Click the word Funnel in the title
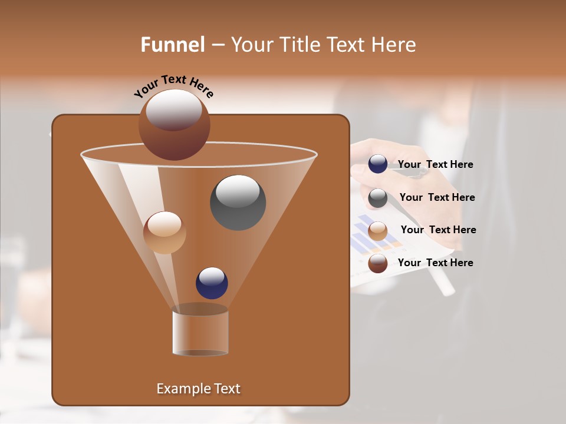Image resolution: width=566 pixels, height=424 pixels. (172, 45)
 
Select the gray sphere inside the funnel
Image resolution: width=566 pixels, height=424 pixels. (238, 203)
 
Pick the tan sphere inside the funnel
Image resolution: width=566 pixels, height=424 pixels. (164, 233)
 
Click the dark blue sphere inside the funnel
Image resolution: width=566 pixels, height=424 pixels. (212, 283)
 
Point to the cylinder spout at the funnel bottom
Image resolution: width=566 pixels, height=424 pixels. (200, 331)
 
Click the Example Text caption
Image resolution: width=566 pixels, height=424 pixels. (198, 389)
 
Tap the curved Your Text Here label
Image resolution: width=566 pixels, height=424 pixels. (173, 86)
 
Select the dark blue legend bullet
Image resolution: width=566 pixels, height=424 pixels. (378, 164)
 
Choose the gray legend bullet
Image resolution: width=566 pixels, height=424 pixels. (378, 198)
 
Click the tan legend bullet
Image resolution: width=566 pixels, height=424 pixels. (378, 230)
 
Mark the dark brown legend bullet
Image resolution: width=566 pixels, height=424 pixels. (378, 263)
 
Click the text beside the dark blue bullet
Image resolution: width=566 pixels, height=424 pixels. (435, 165)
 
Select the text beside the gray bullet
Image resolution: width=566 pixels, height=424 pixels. (437, 198)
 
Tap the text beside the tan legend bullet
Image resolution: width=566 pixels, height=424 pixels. (438, 230)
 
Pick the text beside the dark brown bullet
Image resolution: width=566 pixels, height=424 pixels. (435, 263)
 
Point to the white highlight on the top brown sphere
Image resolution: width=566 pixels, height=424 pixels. (173, 109)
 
